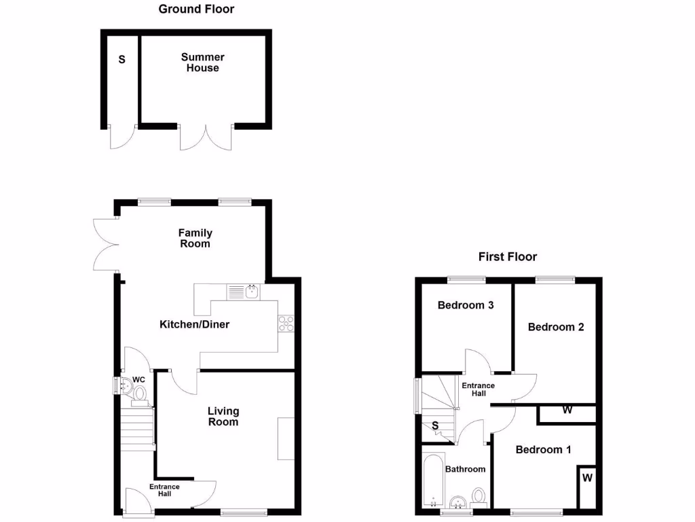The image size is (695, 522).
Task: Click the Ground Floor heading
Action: [x=196, y=9]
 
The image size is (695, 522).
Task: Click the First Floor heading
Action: [x=507, y=256]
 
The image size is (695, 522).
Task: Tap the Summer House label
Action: [x=202, y=63]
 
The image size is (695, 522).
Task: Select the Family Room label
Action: [x=195, y=238]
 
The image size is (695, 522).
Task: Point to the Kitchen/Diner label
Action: [x=194, y=324]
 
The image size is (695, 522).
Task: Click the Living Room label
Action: [x=223, y=416]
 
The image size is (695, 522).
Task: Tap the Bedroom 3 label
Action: [x=465, y=305]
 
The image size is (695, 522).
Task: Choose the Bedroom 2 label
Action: [x=556, y=327]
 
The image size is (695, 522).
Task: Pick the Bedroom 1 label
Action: [x=543, y=449]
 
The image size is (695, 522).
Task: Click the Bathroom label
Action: [x=465, y=469]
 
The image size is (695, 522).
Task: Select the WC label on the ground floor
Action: [x=138, y=379]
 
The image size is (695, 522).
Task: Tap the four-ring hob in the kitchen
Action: [x=285, y=324]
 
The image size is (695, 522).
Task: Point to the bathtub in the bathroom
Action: [x=432, y=479]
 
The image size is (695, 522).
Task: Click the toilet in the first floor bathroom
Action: [x=480, y=495]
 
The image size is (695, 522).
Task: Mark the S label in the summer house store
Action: [x=122, y=59]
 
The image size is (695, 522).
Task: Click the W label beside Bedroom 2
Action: [x=567, y=411]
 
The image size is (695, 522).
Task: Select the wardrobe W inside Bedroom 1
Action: [x=587, y=478]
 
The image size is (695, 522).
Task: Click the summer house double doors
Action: [x=206, y=137]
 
